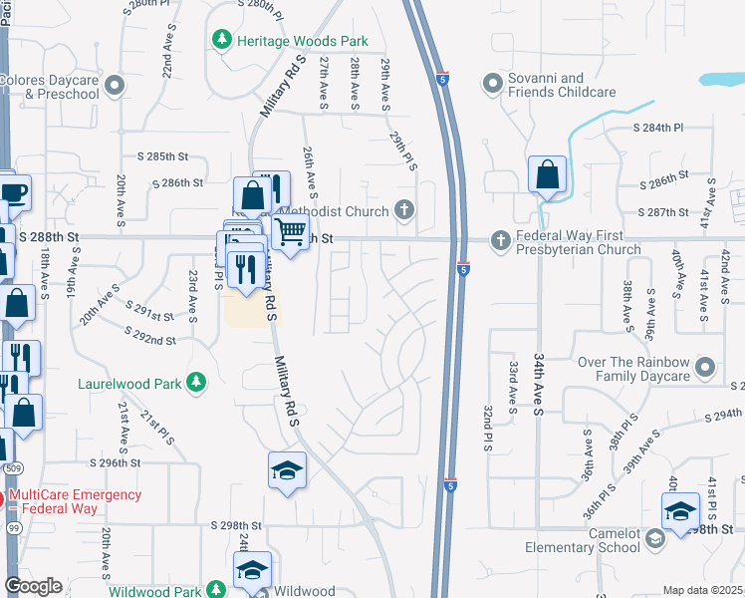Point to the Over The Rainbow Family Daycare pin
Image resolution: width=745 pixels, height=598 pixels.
[705, 367]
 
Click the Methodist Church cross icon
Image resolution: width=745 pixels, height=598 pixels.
[403, 209]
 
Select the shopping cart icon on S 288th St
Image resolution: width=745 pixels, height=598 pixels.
[290, 233]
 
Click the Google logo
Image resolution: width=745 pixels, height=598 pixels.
[33, 586]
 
